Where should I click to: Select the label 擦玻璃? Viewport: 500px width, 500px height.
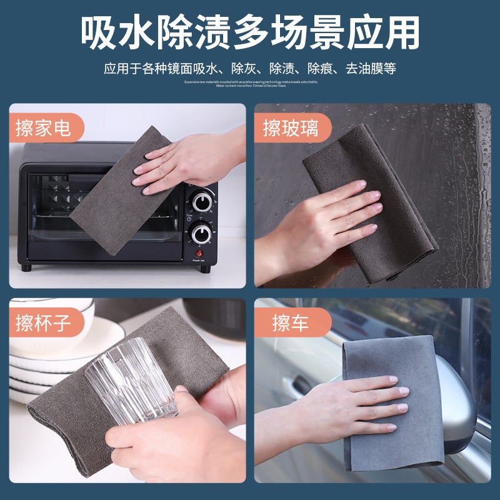pos(290,129)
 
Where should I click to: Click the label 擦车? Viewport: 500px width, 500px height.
pos(290,324)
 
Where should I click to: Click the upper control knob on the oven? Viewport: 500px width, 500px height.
pos(202,201)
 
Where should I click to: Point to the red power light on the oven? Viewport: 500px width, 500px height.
pos(201,253)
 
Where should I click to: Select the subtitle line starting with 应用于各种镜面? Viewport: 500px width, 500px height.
pos(250,67)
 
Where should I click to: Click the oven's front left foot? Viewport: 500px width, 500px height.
pos(26,267)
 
